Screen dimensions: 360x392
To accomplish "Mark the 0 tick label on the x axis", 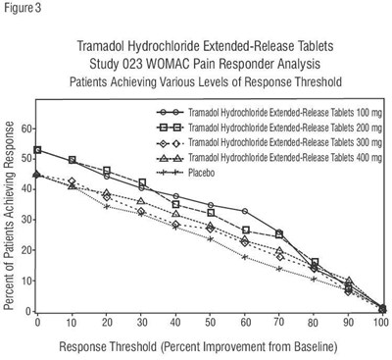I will point(37,321).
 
